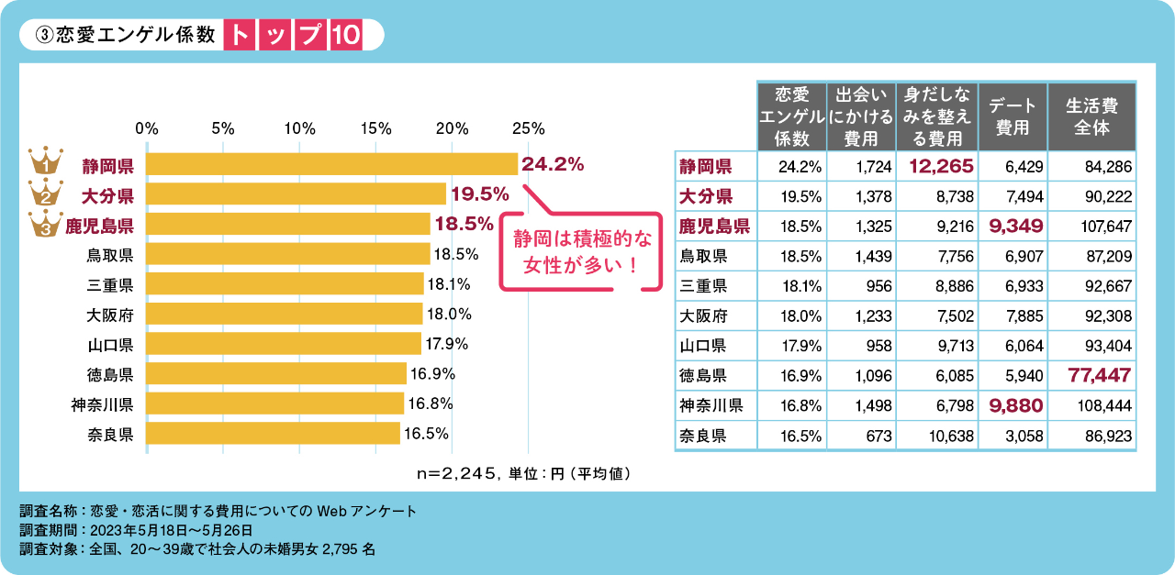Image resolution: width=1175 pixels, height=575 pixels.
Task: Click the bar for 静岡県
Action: (331, 164)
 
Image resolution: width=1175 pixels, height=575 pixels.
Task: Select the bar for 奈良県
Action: (273, 433)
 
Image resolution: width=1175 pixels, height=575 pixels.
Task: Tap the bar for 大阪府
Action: (284, 314)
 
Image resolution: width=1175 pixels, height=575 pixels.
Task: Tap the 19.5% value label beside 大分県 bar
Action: (478, 194)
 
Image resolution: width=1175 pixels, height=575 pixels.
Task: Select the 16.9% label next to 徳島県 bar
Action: (432, 373)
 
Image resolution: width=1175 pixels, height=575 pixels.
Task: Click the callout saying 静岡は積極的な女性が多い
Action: (582, 252)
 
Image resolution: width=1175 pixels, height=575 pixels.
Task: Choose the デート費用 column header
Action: (1013, 116)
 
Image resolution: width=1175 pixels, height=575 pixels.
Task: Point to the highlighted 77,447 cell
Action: (1100, 374)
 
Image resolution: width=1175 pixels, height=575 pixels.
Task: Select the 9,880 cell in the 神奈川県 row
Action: (1013, 404)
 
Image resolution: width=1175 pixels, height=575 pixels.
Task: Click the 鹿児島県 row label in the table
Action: (715, 226)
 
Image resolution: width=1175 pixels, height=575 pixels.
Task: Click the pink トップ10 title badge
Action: (293, 35)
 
